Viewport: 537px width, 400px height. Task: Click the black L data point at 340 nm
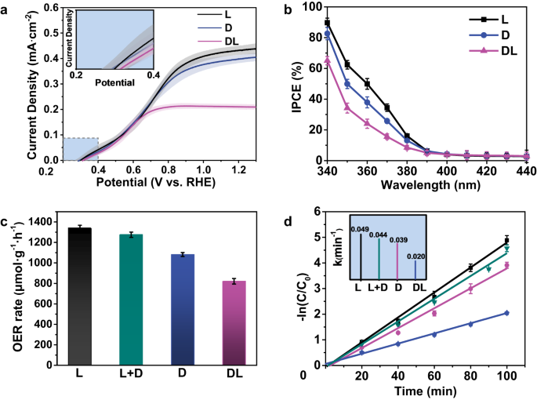tap(327, 23)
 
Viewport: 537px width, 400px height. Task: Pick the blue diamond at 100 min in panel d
tap(506, 313)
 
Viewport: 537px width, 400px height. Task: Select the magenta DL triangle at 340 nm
tap(327, 60)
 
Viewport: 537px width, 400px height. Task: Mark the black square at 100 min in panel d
tap(506, 240)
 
